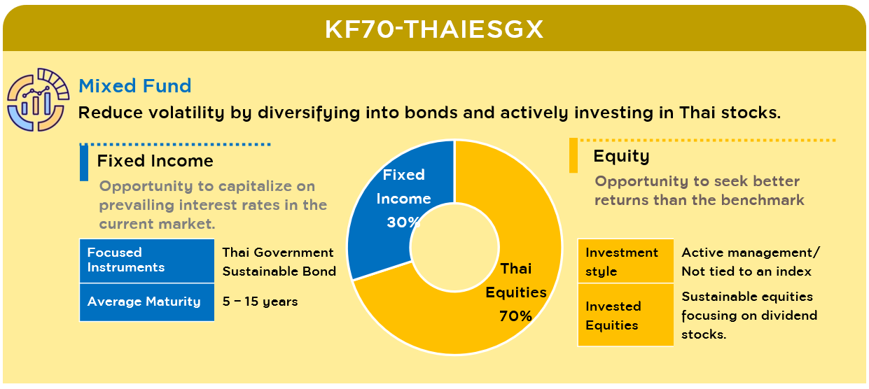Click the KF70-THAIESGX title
tap(434, 29)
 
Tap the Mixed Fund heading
tap(135, 85)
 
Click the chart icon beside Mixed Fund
tap(38, 99)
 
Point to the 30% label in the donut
tap(403, 222)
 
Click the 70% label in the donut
tap(515, 316)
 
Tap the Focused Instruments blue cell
tap(147, 261)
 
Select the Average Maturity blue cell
tap(147, 302)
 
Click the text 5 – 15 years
tap(260, 302)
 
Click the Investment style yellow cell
tap(626, 261)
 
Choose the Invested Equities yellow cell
tap(626, 315)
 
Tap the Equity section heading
tap(621, 157)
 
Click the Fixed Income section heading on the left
tap(155, 161)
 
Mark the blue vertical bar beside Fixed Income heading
tap(84, 163)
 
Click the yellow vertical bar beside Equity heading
tap(573, 155)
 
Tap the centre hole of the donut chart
tap(454, 247)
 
